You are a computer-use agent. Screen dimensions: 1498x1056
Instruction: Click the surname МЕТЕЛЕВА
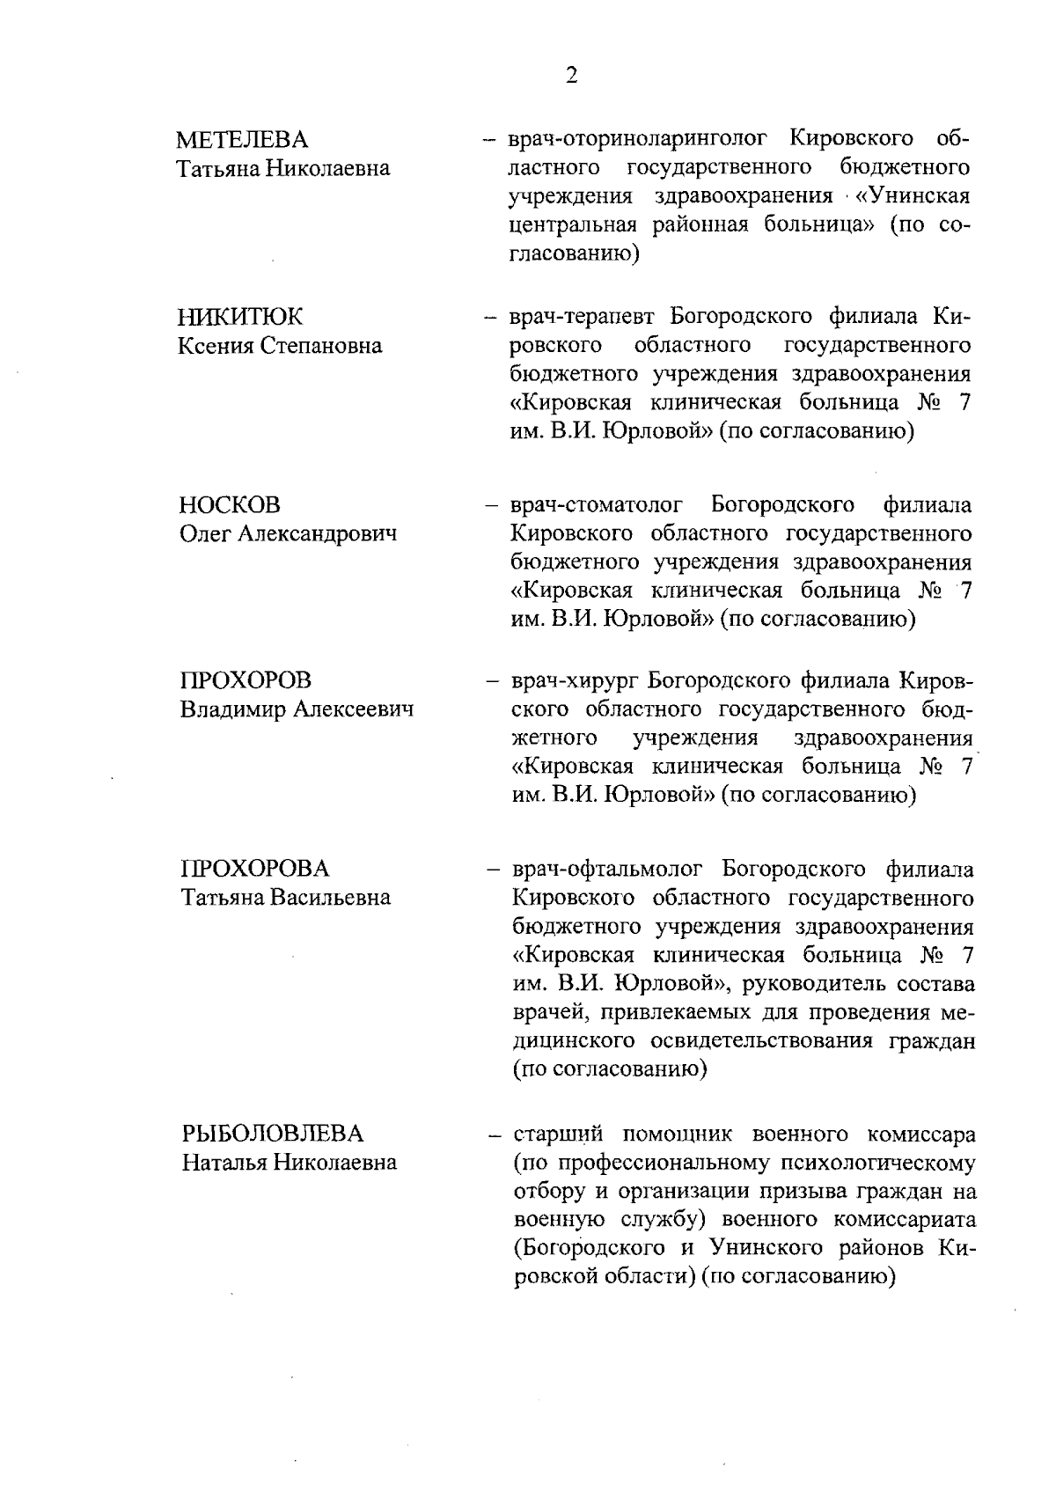(x=243, y=140)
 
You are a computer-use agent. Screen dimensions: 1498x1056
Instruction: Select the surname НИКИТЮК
(x=240, y=317)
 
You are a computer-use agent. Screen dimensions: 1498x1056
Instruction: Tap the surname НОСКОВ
(x=230, y=505)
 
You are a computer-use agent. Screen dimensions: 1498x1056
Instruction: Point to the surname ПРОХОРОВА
(x=255, y=869)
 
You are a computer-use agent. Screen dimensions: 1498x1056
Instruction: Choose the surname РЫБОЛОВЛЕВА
(x=272, y=1134)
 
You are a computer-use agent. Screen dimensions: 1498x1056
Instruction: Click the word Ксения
(x=216, y=345)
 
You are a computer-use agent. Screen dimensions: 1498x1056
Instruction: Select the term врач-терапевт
(x=582, y=316)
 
